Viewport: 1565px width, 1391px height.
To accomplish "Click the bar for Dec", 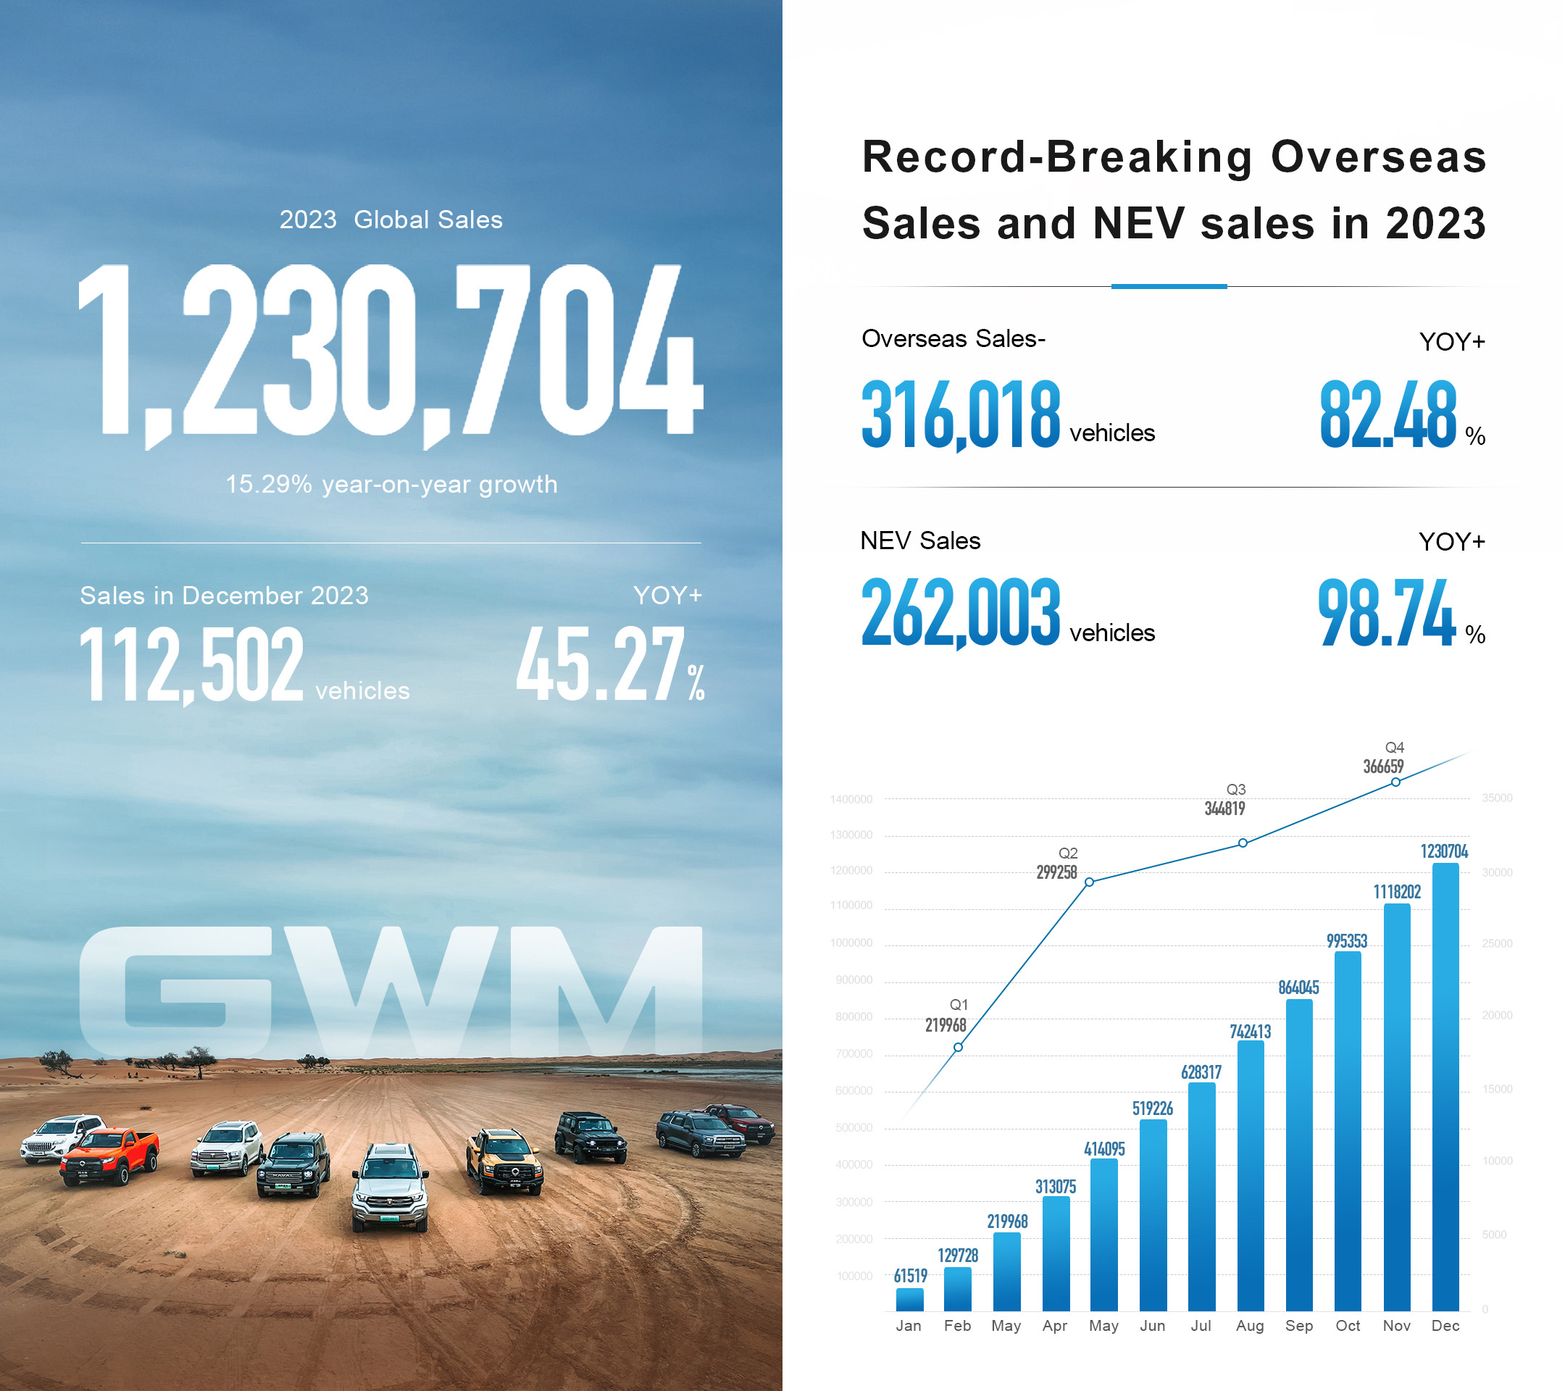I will (x=1445, y=1087).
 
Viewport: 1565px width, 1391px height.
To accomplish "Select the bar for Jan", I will (x=909, y=1299).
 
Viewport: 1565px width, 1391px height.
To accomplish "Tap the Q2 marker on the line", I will (x=1090, y=882).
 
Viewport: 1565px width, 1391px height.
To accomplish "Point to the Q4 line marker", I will (x=1395, y=782).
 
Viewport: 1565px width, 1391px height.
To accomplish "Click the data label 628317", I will (x=1201, y=1072).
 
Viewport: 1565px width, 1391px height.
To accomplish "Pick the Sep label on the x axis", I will (x=1298, y=1325).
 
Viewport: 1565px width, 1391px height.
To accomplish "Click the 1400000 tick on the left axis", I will (x=851, y=799).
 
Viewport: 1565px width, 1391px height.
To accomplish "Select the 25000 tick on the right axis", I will (x=1497, y=943).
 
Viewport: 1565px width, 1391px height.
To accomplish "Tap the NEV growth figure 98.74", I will (x=1386, y=613).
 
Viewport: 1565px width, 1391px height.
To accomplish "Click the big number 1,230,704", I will (x=391, y=352).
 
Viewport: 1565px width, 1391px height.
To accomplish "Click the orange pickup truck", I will (x=111, y=1156).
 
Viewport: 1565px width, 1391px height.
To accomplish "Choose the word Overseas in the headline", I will (x=1378, y=157).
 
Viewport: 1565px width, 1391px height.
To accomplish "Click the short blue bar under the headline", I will (x=1169, y=286).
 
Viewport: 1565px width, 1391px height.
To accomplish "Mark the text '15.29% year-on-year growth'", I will (x=391, y=485).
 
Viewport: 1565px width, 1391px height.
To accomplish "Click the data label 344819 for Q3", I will (x=1224, y=809).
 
